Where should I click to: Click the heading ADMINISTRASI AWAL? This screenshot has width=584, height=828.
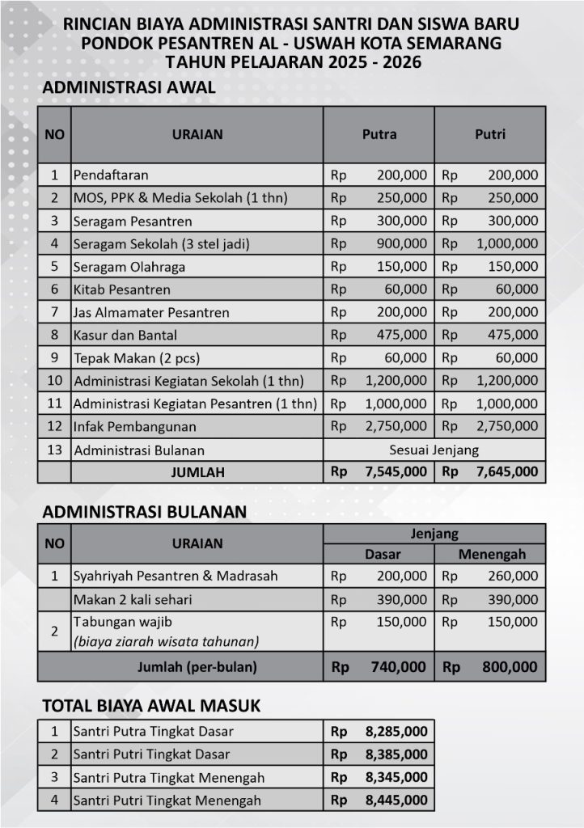point(129,88)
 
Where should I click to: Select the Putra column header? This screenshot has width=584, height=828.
point(379,134)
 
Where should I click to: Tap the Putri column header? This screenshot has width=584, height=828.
point(489,134)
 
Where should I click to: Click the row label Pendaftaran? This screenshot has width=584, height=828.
point(111,175)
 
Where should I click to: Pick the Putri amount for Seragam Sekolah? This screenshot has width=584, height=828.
point(506,243)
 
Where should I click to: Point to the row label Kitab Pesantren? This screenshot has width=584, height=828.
point(122,289)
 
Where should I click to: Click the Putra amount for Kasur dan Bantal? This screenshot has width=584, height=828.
point(402,335)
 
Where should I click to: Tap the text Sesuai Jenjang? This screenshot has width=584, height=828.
point(434,450)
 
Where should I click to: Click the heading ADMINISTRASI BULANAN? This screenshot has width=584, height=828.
point(144,512)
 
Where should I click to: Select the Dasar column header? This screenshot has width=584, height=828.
point(379,554)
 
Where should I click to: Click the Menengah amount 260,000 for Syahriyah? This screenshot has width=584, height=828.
point(513,577)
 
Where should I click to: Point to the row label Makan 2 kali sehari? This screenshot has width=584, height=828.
point(133,599)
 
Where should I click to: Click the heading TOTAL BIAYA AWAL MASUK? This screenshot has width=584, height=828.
point(151,706)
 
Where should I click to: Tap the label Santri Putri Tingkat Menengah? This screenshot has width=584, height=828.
point(167,801)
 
